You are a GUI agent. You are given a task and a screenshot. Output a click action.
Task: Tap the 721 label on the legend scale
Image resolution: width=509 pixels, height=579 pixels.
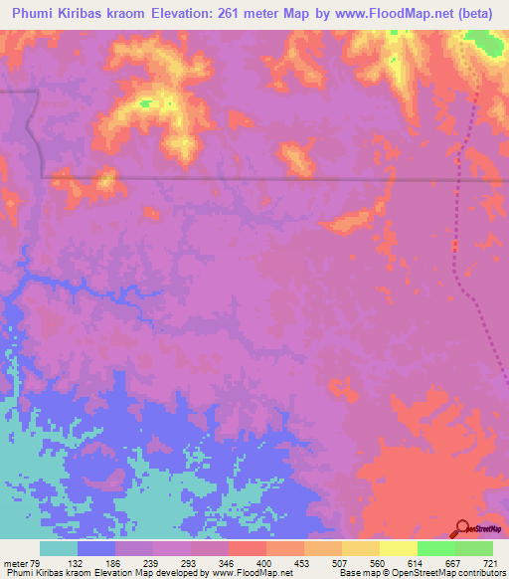(489, 562)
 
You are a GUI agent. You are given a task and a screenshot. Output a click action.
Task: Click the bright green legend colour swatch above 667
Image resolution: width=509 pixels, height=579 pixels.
(435, 548)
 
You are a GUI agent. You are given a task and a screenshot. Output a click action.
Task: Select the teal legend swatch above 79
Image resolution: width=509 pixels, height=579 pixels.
(59, 548)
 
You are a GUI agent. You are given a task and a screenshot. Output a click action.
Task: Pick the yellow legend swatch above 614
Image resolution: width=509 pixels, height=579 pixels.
(398, 548)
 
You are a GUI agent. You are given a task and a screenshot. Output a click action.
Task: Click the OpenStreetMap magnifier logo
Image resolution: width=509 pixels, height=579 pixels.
(462, 528)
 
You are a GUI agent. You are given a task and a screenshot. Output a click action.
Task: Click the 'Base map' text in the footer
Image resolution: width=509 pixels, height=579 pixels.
(355, 573)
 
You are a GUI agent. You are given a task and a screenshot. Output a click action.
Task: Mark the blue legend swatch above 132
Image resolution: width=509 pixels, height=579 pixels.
(96, 548)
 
